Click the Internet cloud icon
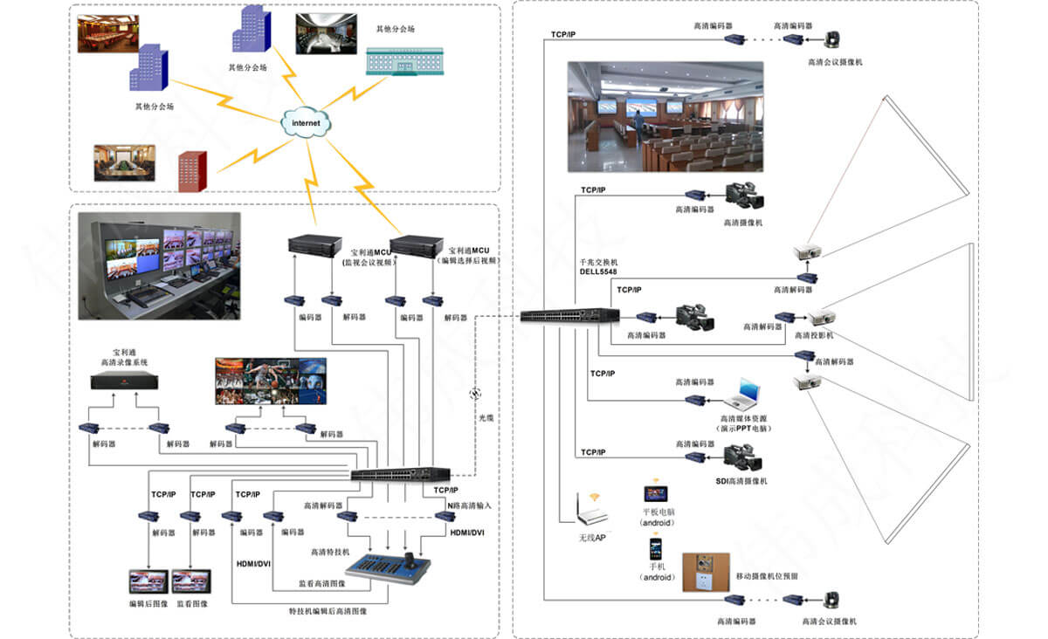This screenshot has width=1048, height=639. [306, 123]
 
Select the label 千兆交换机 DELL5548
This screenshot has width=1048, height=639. [597, 267]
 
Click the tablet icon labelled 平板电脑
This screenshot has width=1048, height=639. [656, 494]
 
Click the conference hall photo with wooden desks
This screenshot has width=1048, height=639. [665, 116]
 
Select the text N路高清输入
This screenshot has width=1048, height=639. [469, 505]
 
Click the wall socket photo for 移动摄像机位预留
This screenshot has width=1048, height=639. [706, 572]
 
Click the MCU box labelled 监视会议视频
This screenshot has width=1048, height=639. [315, 244]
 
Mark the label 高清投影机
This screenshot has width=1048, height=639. [814, 335]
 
